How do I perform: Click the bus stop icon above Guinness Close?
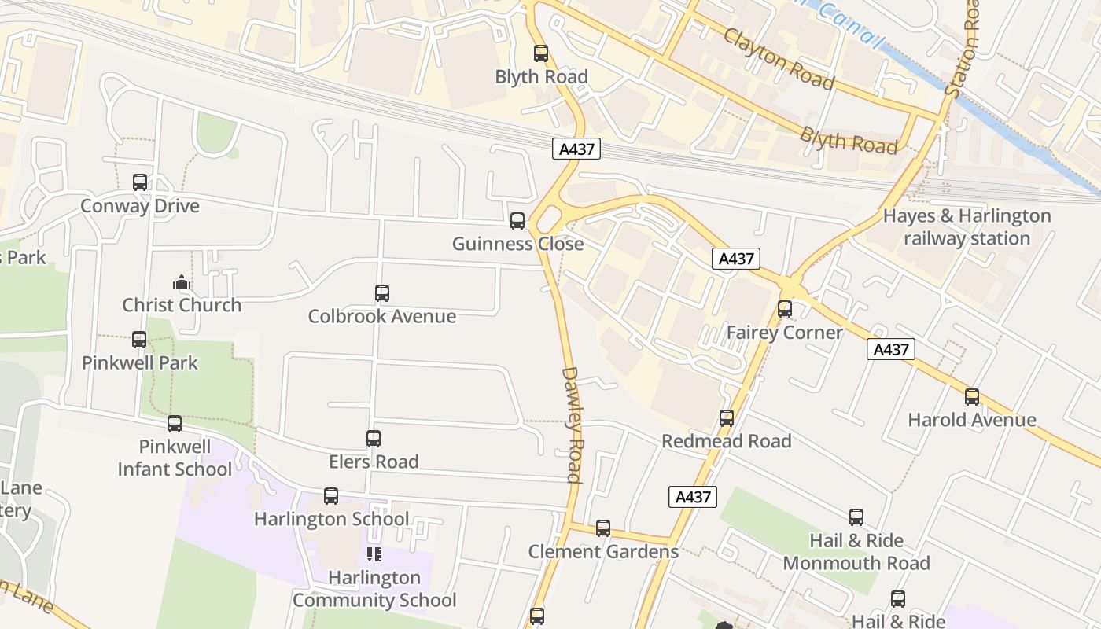[517, 221]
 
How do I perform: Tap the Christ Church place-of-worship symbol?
[182, 282]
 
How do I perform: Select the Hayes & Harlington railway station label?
[967, 227]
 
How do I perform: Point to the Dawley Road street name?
[571, 425]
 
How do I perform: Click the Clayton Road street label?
[778, 59]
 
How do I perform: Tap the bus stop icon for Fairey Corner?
[785, 309]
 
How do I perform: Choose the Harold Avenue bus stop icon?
[972, 397]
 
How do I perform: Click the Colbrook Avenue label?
[381, 316]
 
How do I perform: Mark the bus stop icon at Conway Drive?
[140, 182]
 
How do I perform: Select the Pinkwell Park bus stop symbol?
[139, 340]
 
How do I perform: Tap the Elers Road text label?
[374, 462]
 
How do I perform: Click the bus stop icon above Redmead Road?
[727, 418]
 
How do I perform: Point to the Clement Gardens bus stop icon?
[603, 528]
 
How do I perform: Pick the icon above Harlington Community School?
[374, 554]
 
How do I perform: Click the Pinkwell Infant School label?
[175, 458]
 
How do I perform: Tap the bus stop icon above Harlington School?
[331, 496]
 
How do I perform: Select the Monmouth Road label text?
[856, 563]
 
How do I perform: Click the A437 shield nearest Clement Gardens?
[693, 496]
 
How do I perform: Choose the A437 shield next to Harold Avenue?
[891, 349]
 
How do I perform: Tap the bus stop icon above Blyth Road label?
[541, 53]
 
